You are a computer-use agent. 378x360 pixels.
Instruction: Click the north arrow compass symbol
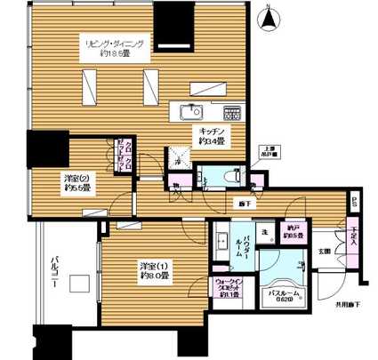pyautogui.click(x=269, y=17)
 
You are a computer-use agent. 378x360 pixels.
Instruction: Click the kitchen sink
pyautogui.click(x=190, y=111)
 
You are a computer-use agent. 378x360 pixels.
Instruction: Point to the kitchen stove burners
pyautogui.click(x=233, y=114)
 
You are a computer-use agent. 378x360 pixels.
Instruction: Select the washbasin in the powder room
pyautogui.click(x=221, y=240)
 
